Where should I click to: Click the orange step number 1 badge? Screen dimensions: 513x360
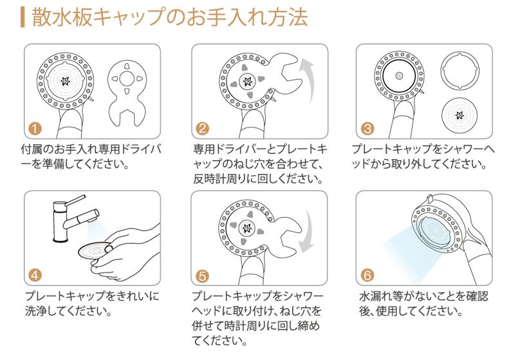coord(35,128)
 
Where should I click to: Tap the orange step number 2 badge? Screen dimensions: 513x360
coord(203,128)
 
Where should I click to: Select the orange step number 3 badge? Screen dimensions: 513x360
coord(368,128)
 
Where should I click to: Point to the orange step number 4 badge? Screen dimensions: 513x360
coord(35,275)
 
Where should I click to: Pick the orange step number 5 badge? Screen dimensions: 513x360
coord(203,276)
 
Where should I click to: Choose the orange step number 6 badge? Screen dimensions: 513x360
coord(368,275)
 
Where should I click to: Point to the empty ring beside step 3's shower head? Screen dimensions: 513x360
coord(460,70)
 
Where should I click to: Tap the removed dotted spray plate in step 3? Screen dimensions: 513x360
coord(460,115)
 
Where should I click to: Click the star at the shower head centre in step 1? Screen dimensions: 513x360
coord(65,81)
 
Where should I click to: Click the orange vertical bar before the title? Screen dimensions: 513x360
coord(23,17)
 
